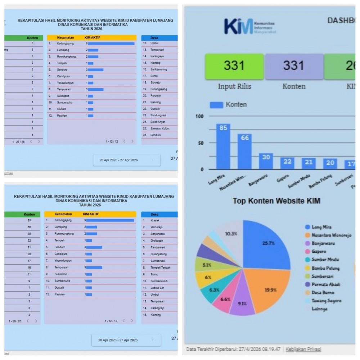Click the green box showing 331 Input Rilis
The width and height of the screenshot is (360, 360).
[234, 67]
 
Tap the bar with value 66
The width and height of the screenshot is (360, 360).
[244, 152]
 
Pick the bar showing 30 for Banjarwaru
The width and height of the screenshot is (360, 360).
[266, 161]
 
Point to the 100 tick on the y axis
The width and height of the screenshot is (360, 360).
[199, 116]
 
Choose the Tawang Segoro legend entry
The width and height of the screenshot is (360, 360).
[326, 301]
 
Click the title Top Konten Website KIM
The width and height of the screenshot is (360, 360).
[276, 201]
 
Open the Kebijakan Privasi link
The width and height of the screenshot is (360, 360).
[303, 349]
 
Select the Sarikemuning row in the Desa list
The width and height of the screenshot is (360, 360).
[159, 69]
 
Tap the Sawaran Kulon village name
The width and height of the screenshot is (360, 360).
[159, 128]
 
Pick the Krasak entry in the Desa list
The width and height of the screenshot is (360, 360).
[155, 220]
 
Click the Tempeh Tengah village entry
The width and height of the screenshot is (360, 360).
[161, 267]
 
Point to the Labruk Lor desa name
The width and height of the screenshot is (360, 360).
[158, 288]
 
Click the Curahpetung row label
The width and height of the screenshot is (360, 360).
[159, 254]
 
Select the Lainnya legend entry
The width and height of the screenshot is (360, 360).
[320, 309]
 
